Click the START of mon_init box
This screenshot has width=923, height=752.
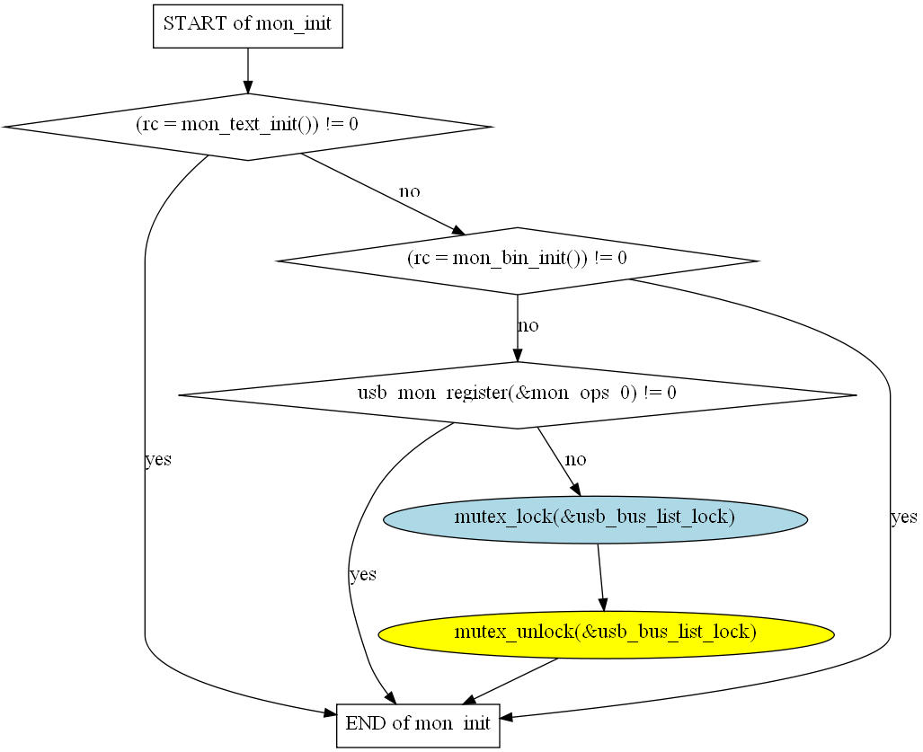coord(247,24)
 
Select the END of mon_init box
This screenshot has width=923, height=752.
coord(418,724)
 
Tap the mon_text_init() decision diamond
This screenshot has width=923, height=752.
coord(247,126)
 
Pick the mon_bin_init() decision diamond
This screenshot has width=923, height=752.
coord(517,260)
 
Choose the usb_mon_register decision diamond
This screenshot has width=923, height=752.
coord(517,394)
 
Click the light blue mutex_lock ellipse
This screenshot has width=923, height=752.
coord(595,518)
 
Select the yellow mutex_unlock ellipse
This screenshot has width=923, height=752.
coord(606,633)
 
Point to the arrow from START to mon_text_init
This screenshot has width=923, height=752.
coord(247,70)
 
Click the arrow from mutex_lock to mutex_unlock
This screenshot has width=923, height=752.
coord(601,577)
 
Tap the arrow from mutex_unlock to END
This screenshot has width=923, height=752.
coord(512,680)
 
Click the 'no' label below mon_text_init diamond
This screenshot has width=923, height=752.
coord(409,191)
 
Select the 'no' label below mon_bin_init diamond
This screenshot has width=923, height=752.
coord(528,326)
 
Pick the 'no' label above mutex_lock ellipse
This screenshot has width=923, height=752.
coord(575,460)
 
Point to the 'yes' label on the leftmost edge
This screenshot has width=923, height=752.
coord(158,460)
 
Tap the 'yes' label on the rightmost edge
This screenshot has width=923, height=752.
coord(903,518)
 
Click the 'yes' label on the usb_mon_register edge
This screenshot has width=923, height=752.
coord(363,575)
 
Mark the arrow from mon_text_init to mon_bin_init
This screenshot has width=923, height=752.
coord(377,191)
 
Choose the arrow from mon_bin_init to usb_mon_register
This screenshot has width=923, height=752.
coord(517,328)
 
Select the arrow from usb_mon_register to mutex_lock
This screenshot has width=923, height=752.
coord(558,461)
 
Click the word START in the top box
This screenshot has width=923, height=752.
coord(195,24)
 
